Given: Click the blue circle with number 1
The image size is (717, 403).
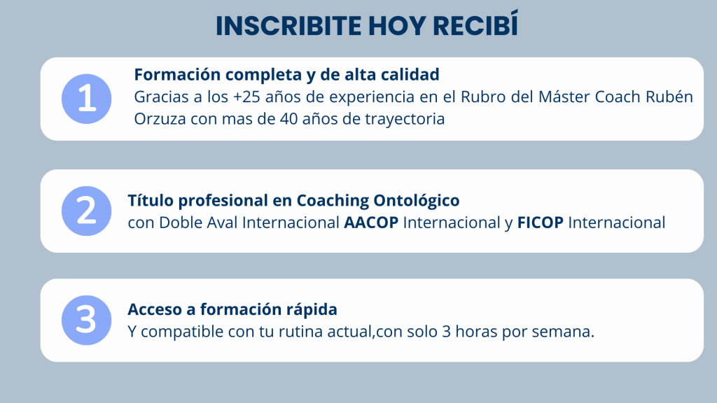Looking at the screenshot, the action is [x=86, y=99].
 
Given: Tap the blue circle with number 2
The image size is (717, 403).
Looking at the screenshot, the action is [x=86, y=211].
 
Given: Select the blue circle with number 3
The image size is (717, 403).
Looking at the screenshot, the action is [x=86, y=320].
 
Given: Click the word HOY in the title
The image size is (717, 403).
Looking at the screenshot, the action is [x=397, y=26].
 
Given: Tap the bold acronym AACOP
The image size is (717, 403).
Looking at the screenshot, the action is [x=371, y=222].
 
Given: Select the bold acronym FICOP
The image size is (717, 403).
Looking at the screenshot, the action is [x=540, y=222].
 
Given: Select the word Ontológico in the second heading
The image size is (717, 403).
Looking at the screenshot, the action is [x=417, y=201].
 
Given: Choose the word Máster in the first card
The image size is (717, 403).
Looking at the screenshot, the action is [x=564, y=97].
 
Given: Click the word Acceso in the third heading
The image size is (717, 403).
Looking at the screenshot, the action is [x=154, y=309].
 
